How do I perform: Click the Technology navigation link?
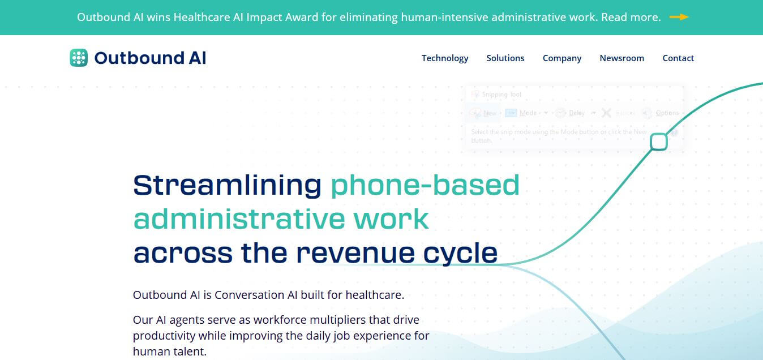445,58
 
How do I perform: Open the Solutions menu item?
505,58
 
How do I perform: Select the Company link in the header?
561,58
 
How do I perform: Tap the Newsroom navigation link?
621,58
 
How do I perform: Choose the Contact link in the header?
678,58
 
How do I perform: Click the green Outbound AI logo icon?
79,58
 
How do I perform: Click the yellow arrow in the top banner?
679,17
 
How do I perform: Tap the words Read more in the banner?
631,17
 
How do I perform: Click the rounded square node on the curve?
658,142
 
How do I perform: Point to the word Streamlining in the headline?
227,185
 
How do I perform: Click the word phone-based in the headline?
425,185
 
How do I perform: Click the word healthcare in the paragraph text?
374,295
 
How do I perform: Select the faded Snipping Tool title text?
501,95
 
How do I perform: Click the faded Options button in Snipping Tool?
667,113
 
